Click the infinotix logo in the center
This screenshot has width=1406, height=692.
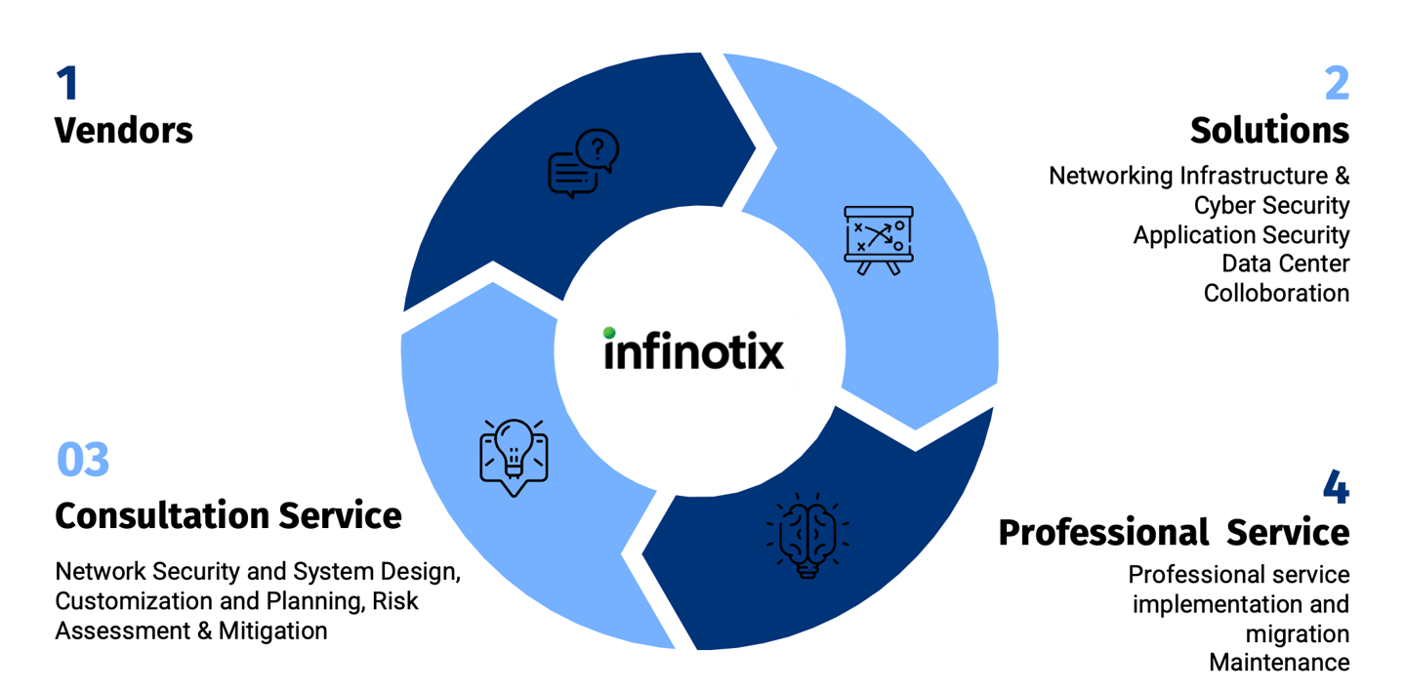(x=693, y=349)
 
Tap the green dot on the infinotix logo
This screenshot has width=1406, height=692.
(x=609, y=333)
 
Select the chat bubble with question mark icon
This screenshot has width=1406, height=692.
(x=584, y=164)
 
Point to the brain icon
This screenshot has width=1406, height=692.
(x=807, y=535)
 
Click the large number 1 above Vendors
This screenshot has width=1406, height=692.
(x=66, y=84)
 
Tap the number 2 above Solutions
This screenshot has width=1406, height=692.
(x=1336, y=84)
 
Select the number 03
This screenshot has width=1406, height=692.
(x=83, y=460)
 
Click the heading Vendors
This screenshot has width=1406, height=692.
(x=124, y=130)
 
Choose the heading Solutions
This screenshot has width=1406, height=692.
(x=1269, y=130)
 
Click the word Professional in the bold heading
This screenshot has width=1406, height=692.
(x=1103, y=533)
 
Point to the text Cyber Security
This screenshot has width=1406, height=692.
(x=1271, y=205)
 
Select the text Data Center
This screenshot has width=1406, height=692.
(x=1285, y=264)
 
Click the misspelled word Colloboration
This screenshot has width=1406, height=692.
(x=1276, y=293)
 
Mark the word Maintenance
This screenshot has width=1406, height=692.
(x=1279, y=663)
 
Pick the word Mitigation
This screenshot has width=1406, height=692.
(x=272, y=631)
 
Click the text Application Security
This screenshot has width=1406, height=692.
(x=1241, y=234)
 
